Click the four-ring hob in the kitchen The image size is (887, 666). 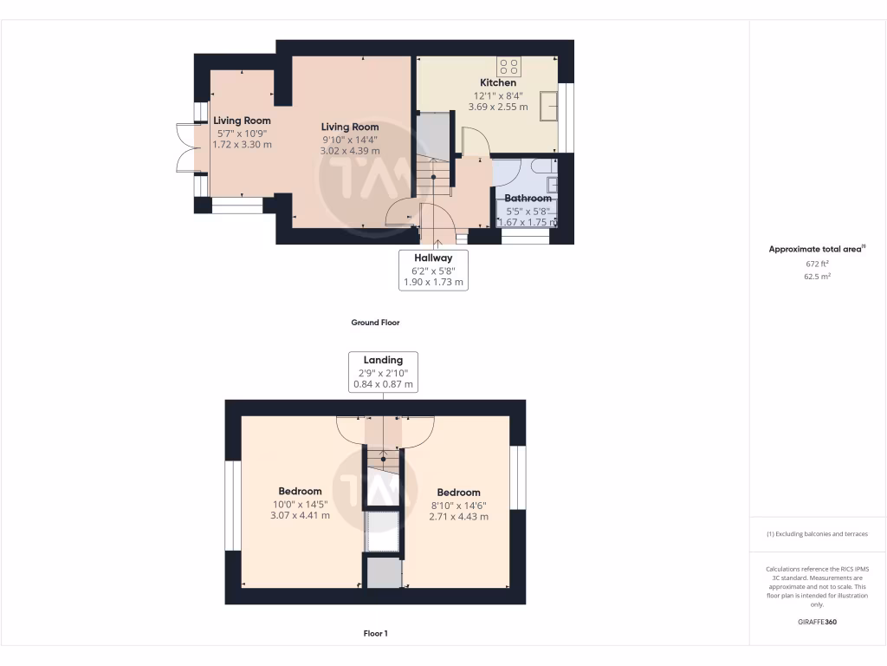[x=509, y=67]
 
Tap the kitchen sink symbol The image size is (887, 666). [x=547, y=105]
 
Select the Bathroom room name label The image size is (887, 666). [x=528, y=198]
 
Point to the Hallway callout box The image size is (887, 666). [x=432, y=269]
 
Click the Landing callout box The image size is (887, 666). [x=383, y=371]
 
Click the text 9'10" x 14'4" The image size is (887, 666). [x=351, y=139]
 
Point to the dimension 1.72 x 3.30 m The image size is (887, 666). [x=243, y=144]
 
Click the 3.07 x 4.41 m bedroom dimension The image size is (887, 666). [x=300, y=515]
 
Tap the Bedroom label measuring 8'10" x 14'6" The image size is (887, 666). [x=458, y=493]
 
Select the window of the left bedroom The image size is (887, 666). [x=232, y=506]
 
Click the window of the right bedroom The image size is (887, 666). [x=518, y=478]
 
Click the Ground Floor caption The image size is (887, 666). [x=375, y=323]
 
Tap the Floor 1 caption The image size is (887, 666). [x=375, y=634]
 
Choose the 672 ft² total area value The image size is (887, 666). [x=817, y=264]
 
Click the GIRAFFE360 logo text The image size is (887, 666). [x=817, y=622]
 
